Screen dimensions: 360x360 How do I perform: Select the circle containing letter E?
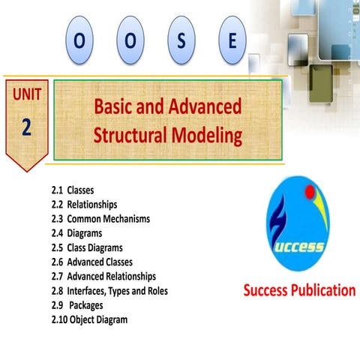(231, 42)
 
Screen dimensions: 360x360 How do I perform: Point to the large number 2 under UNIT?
(26, 127)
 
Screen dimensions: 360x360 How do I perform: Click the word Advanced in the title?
(204, 106)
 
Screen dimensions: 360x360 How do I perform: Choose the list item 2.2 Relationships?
(84, 205)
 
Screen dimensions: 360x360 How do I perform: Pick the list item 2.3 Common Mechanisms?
(100, 219)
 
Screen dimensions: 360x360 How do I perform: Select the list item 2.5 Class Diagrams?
(87, 247)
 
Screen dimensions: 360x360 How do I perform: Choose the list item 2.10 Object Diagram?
(89, 319)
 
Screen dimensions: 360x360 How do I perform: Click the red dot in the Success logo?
(308, 194)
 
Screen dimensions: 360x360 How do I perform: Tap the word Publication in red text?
(322, 290)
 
